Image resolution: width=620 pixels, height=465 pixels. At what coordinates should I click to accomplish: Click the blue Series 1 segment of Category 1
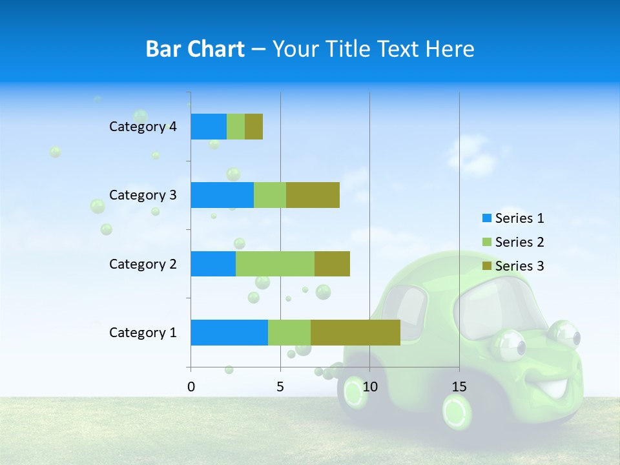click(229, 333)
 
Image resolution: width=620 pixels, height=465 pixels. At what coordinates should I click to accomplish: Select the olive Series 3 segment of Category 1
click(355, 333)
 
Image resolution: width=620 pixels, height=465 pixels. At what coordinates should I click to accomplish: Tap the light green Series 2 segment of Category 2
click(275, 263)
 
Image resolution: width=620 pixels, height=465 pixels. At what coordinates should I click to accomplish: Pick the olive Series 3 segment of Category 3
click(313, 195)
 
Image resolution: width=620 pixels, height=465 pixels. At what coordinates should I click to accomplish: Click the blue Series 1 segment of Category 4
click(209, 127)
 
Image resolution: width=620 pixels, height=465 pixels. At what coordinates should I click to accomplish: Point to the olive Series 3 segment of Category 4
click(254, 127)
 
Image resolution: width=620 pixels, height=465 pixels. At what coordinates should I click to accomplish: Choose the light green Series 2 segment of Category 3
click(270, 195)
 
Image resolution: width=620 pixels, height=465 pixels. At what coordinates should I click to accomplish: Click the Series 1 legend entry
click(513, 218)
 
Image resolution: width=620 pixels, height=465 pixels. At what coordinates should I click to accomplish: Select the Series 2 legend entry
click(513, 242)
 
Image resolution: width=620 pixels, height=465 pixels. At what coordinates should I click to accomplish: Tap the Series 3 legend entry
click(513, 266)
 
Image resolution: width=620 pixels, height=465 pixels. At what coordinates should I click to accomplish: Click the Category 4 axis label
click(143, 127)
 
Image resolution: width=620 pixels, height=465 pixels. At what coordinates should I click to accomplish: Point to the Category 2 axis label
click(143, 263)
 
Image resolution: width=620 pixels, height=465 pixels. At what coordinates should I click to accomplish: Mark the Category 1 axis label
click(143, 333)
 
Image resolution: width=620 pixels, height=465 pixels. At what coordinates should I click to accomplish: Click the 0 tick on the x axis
click(191, 387)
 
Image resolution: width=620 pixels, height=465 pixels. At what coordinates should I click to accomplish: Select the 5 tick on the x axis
click(280, 387)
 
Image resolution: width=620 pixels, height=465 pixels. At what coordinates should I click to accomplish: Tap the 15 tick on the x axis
click(459, 387)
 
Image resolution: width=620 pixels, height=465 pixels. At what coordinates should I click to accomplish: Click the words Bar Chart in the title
click(195, 48)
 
